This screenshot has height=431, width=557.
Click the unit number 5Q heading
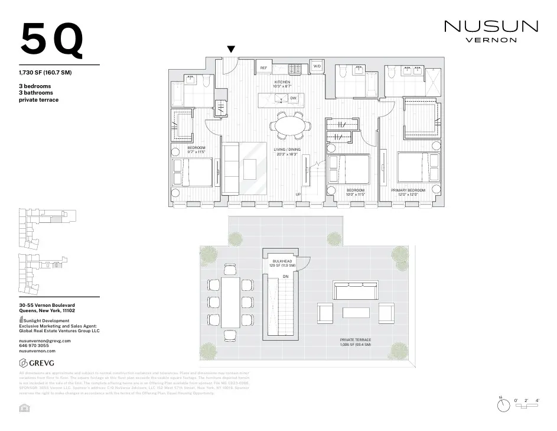coord(52,41)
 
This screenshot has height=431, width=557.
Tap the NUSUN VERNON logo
coord(491,31)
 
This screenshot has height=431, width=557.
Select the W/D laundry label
coord(317,66)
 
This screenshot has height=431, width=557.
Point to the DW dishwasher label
coord(293,98)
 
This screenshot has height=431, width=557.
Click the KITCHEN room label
coord(282,83)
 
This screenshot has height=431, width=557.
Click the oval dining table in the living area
coord(289,125)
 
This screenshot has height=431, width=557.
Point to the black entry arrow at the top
coord(232,50)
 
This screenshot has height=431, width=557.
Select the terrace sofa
coord(356,290)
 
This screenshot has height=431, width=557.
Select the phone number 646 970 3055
coord(35,346)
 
